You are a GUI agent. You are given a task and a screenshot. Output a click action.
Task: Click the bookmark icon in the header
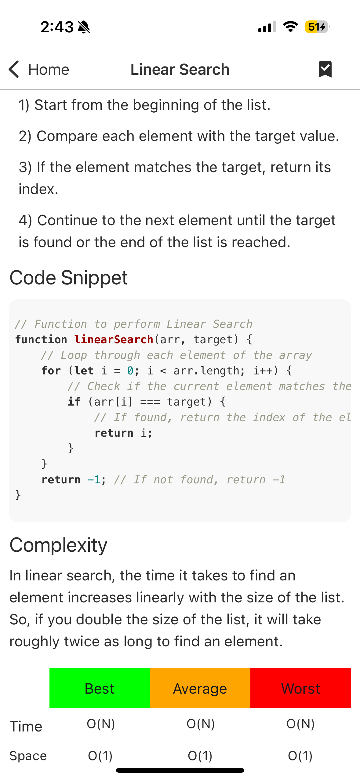[x=325, y=69]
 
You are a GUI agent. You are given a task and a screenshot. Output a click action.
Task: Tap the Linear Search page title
[x=180, y=69]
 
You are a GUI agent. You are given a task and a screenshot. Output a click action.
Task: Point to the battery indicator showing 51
[x=317, y=27]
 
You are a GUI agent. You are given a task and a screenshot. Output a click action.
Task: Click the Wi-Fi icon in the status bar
[x=290, y=27]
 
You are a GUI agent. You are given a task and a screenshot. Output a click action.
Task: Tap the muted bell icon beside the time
[x=84, y=27]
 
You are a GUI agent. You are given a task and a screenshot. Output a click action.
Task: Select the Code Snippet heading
[x=68, y=278]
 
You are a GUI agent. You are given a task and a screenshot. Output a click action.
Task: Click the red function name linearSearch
[x=114, y=339]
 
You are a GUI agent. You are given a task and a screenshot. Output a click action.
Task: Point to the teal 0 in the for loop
[x=130, y=371]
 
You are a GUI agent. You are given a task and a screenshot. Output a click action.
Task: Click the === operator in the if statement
[x=150, y=402]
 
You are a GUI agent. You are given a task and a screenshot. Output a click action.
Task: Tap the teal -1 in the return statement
[x=94, y=480]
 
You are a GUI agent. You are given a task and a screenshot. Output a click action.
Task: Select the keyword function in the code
[x=41, y=339]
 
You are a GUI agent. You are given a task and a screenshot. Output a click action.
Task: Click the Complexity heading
[x=58, y=545]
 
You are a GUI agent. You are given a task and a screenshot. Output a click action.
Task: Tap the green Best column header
[x=100, y=688]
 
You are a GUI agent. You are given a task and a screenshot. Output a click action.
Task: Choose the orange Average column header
[x=200, y=688]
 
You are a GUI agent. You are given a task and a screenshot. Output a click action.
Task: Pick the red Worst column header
[x=300, y=688]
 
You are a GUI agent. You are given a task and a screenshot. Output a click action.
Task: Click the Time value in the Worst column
[x=300, y=724]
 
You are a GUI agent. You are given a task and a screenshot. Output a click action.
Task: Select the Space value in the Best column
[x=100, y=756]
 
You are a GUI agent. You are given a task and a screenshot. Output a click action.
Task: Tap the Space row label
[x=28, y=756]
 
